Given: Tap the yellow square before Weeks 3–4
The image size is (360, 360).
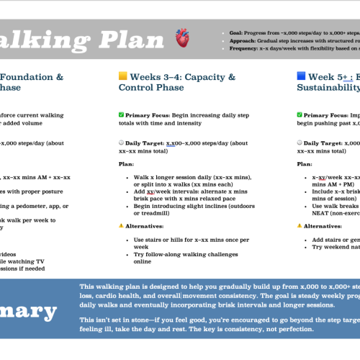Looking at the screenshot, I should point(123,76).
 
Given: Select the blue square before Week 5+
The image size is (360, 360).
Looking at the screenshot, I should point(302,76).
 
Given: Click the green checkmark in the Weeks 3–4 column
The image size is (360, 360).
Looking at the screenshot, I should point(121,114).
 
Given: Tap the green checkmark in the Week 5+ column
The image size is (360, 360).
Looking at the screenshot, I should point(300,114).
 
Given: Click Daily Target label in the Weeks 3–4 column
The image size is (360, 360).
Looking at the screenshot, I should point(148,143).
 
